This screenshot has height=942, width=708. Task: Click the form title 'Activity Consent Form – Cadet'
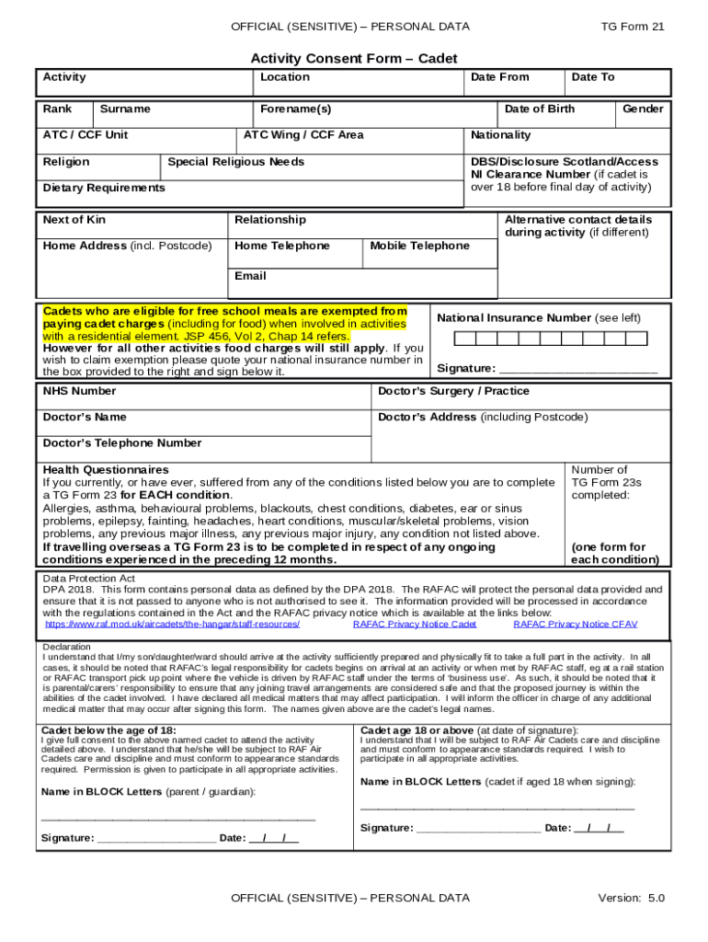click(x=354, y=59)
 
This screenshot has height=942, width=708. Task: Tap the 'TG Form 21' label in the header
click(x=632, y=27)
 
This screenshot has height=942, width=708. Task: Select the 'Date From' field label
click(x=499, y=77)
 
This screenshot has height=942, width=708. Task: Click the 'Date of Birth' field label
click(x=540, y=109)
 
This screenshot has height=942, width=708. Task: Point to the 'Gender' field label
click(x=643, y=109)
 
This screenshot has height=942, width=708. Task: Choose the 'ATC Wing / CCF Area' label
click(x=303, y=135)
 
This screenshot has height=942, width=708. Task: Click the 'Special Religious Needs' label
click(x=235, y=162)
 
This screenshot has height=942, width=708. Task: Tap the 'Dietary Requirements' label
click(x=104, y=188)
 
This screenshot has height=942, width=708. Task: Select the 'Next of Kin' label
click(x=74, y=220)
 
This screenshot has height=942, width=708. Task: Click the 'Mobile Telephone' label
click(x=419, y=246)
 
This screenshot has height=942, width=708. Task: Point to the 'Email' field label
click(x=250, y=276)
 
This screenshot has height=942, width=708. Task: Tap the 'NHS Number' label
click(x=79, y=391)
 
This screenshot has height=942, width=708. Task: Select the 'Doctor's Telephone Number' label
click(x=122, y=443)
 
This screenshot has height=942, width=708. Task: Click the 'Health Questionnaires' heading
click(x=106, y=469)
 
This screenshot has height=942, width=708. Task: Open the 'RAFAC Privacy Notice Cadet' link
click(x=415, y=624)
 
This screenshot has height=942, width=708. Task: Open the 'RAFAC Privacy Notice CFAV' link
click(x=575, y=624)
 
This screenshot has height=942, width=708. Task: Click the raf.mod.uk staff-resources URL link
click(x=172, y=624)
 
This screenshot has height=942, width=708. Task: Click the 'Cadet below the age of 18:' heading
click(x=109, y=729)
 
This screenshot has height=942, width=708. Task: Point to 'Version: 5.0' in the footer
click(x=631, y=898)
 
